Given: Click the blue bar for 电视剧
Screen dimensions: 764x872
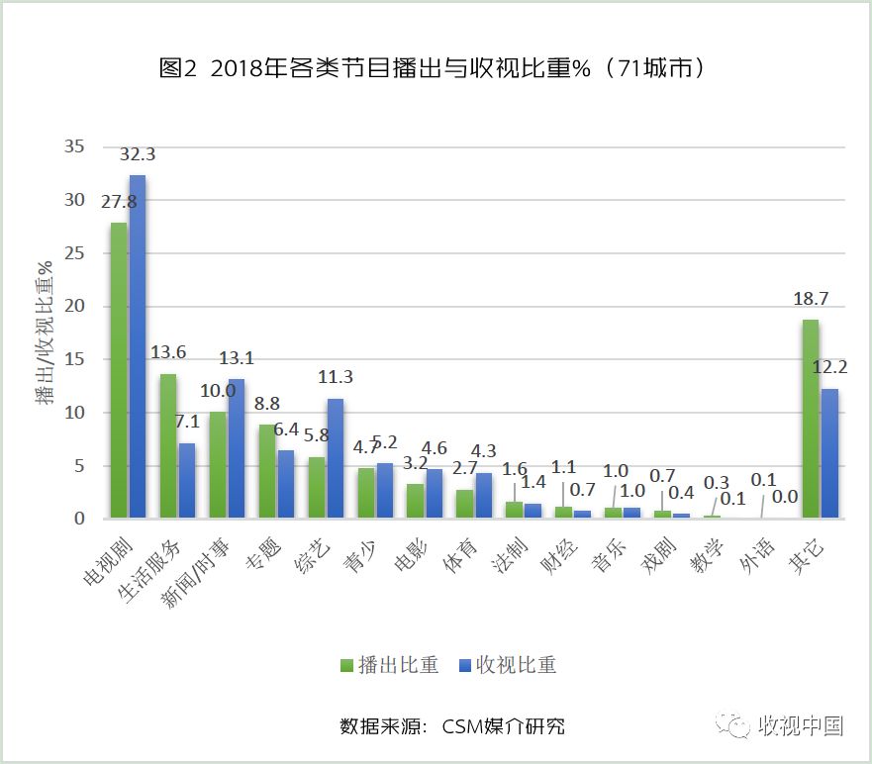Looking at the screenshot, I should click(x=138, y=346).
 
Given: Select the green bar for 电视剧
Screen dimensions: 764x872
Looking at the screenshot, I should click(x=119, y=370).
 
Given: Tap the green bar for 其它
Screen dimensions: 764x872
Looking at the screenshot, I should click(x=811, y=419).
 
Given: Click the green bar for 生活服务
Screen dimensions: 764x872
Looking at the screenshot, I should click(x=168, y=445).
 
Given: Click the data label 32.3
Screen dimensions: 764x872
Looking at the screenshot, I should click(x=138, y=155).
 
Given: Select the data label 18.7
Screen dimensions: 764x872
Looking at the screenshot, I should click(x=811, y=300).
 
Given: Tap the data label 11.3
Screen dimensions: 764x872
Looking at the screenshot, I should click(x=336, y=377).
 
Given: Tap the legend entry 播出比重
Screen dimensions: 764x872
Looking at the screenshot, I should click(x=389, y=665).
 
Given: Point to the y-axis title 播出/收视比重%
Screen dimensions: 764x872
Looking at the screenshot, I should click(x=45, y=332).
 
